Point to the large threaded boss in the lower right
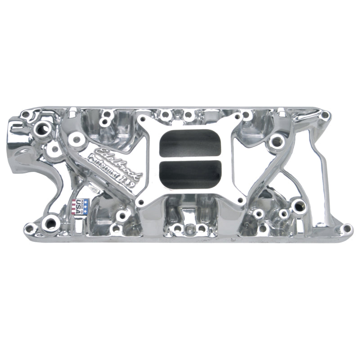[x=297, y=207]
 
